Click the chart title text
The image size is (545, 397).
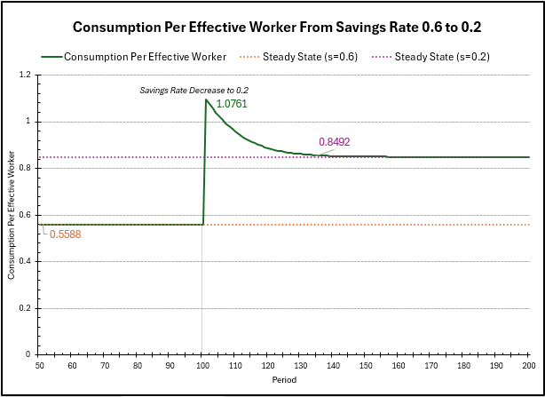click(x=282, y=27)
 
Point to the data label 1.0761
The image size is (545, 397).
click(x=231, y=104)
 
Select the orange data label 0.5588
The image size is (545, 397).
click(x=65, y=234)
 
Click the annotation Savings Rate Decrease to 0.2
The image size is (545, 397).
click(x=194, y=90)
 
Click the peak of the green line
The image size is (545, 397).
click(x=206, y=99)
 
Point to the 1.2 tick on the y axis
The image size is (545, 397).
click(x=30, y=75)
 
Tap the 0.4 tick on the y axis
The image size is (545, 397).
click(x=30, y=261)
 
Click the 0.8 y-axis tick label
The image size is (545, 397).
click(x=30, y=168)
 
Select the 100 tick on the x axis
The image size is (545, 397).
click(x=202, y=364)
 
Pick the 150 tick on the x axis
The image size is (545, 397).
click(x=366, y=364)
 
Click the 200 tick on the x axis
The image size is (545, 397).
click(x=529, y=364)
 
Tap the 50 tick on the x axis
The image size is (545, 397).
click(x=40, y=364)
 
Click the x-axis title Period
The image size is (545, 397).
click(x=284, y=379)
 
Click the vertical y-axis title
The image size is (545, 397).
click(x=12, y=215)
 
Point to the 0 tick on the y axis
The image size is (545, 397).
click(x=34, y=354)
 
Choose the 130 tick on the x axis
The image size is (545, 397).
click(x=301, y=364)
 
